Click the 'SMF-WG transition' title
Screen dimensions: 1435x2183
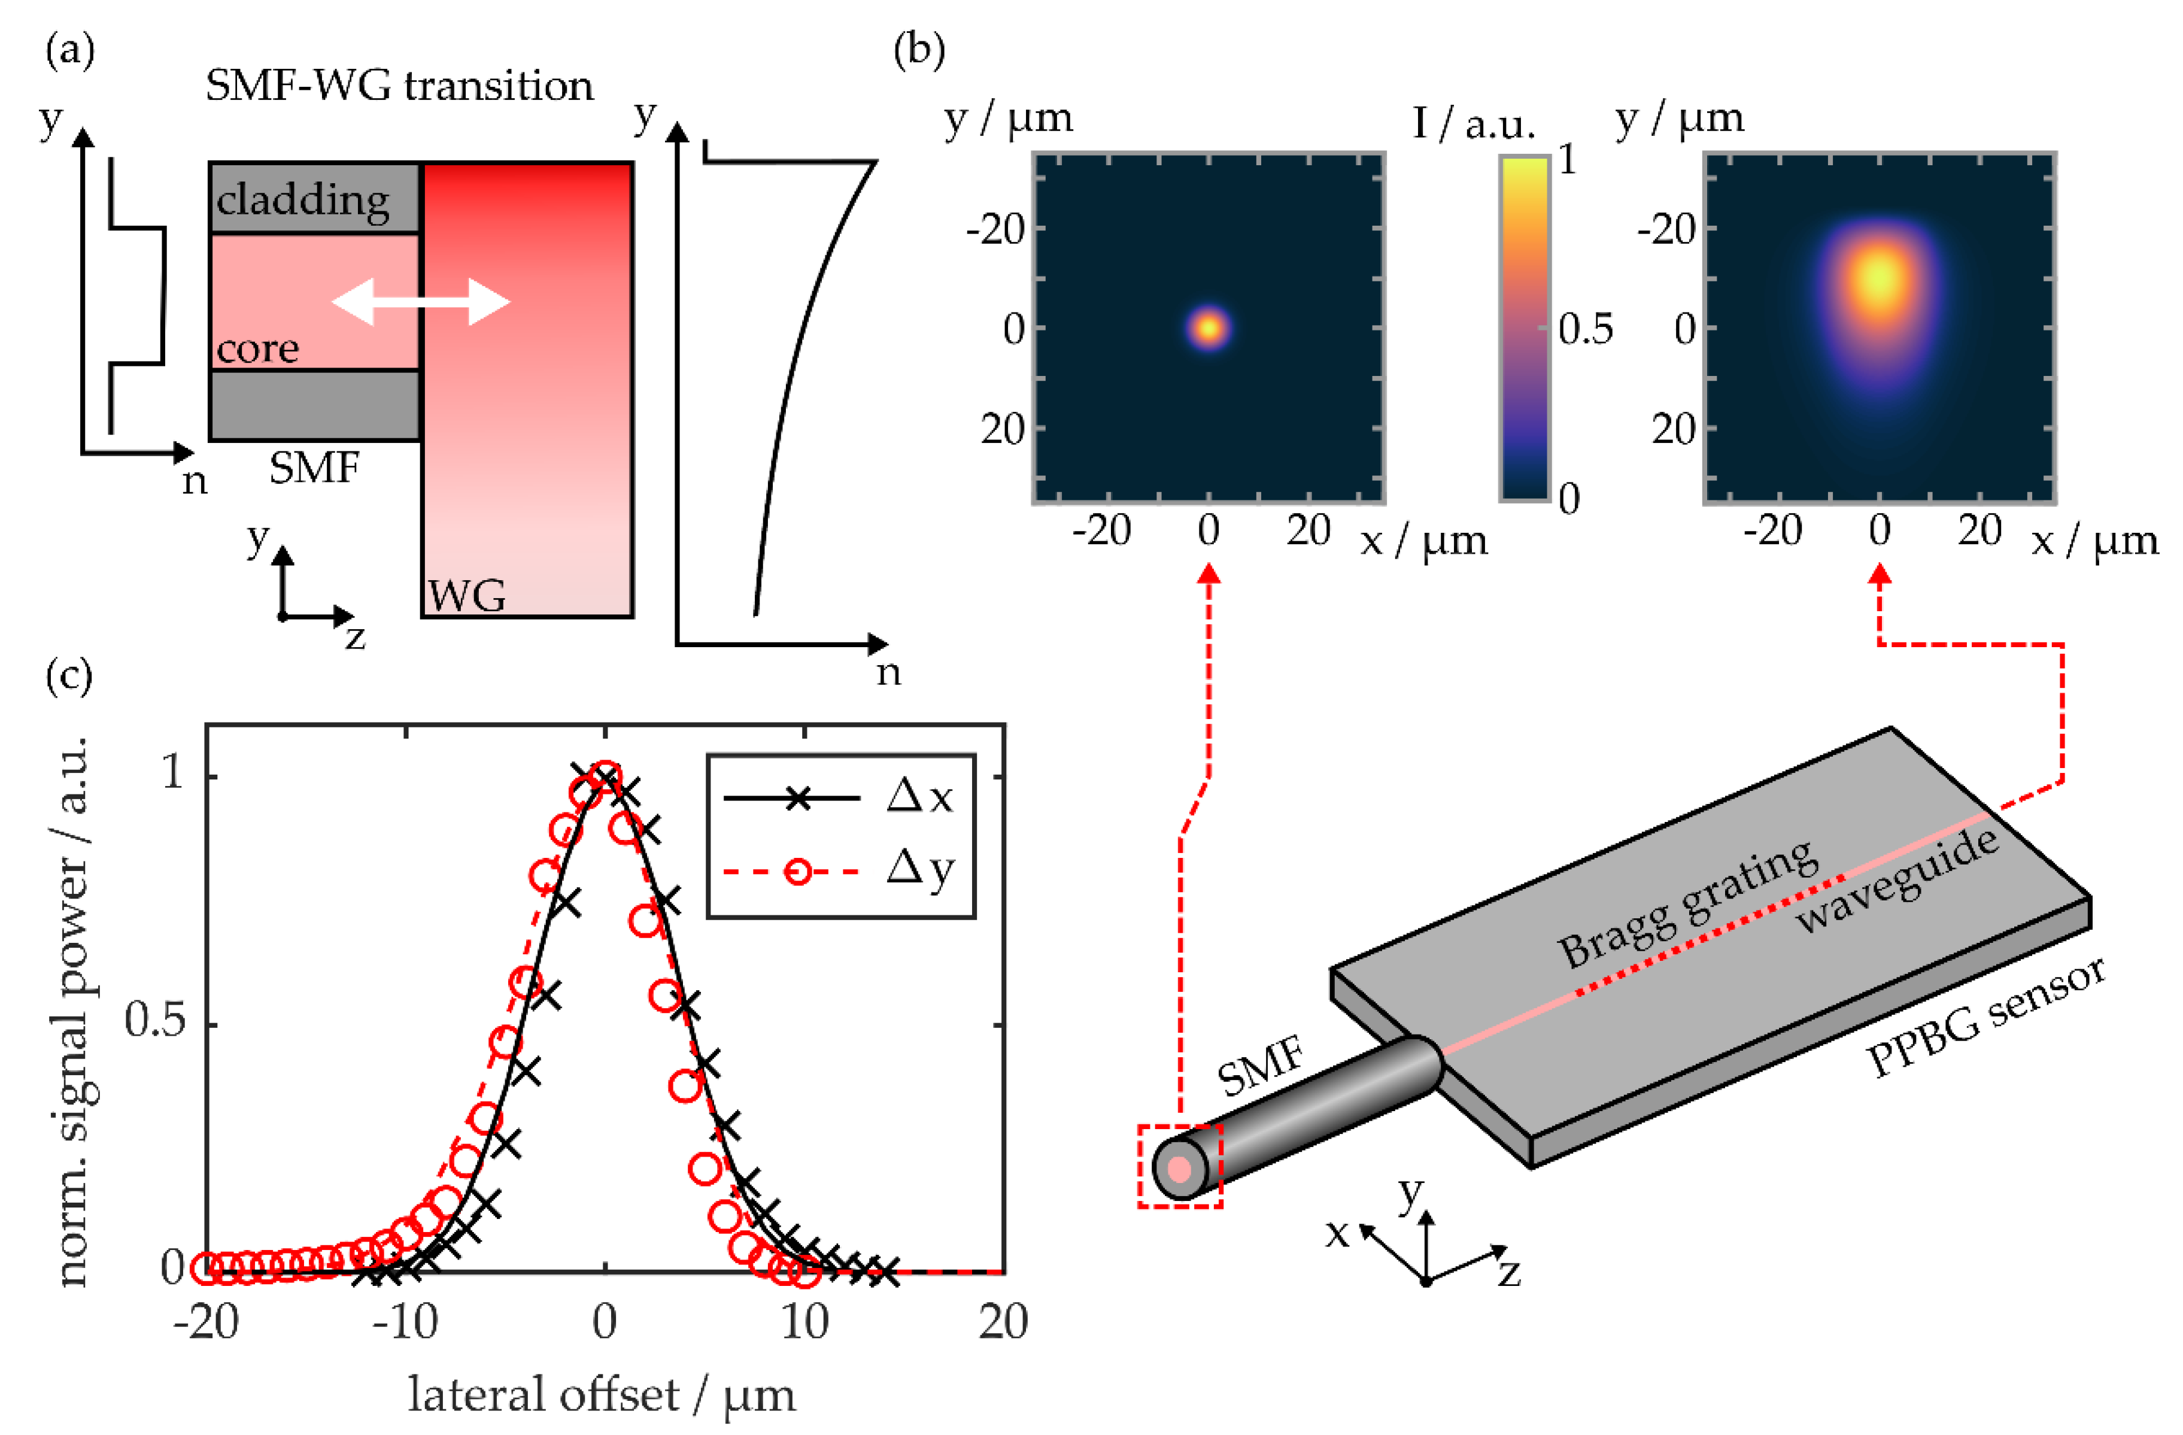pyautogui.click(x=399, y=86)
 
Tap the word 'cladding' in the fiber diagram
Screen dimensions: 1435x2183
pyautogui.click(x=303, y=199)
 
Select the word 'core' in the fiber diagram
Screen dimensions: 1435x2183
pyautogui.click(x=258, y=348)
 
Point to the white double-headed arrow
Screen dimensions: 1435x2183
pyautogui.click(x=420, y=301)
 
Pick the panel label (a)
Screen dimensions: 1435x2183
pyautogui.click(x=69, y=50)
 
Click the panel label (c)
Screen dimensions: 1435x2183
pyautogui.click(x=69, y=676)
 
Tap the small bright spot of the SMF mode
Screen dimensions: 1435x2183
pyautogui.click(x=1209, y=327)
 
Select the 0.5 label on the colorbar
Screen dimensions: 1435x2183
pyautogui.click(x=1585, y=329)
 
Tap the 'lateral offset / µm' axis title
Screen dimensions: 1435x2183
pyautogui.click(x=601, y=1395)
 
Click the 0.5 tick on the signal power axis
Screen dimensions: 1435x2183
pyautogui.click(x=154, y=1020)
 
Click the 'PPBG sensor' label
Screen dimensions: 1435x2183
pyautogui.click(x=1986, y=1018)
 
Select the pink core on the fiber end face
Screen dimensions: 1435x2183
pyautogui.click(x=1180, y=1169)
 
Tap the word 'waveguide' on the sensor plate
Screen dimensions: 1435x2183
pyautogui.click(x=1897, y=881)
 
